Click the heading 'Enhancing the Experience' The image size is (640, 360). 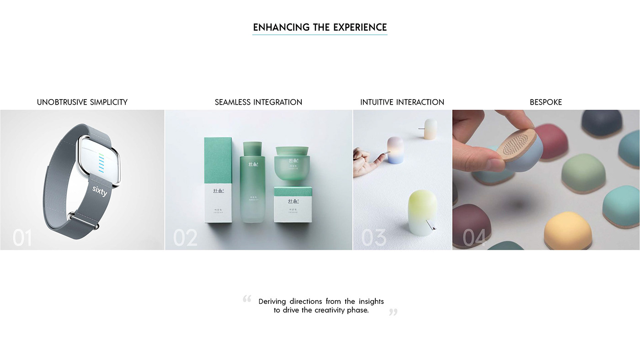point(320,27)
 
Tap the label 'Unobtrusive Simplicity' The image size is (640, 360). point(82,102)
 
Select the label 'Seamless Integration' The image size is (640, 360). point(258,102)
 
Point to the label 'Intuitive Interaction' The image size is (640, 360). point(402,102)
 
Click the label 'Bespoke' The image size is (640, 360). point(546,102)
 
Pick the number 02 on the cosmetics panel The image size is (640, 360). point(185,238)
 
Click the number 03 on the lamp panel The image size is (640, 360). point(373,238)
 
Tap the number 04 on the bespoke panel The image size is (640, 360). point(475,238)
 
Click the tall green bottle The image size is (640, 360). point(252,183)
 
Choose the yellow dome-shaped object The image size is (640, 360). point(566,231)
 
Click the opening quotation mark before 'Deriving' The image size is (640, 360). point(247,299)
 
